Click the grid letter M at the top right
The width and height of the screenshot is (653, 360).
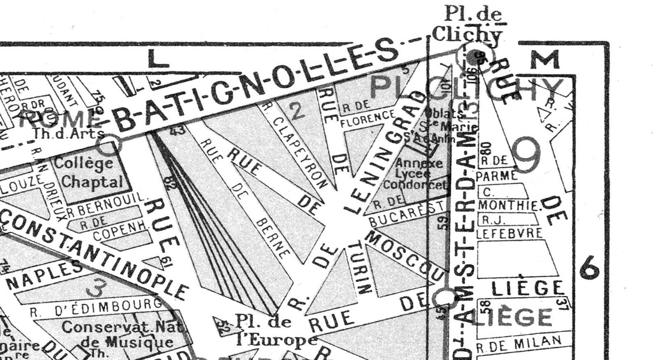pos(545,60)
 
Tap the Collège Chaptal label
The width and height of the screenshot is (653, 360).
pos(88,172)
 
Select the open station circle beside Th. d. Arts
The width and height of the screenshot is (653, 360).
pos(109,145)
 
